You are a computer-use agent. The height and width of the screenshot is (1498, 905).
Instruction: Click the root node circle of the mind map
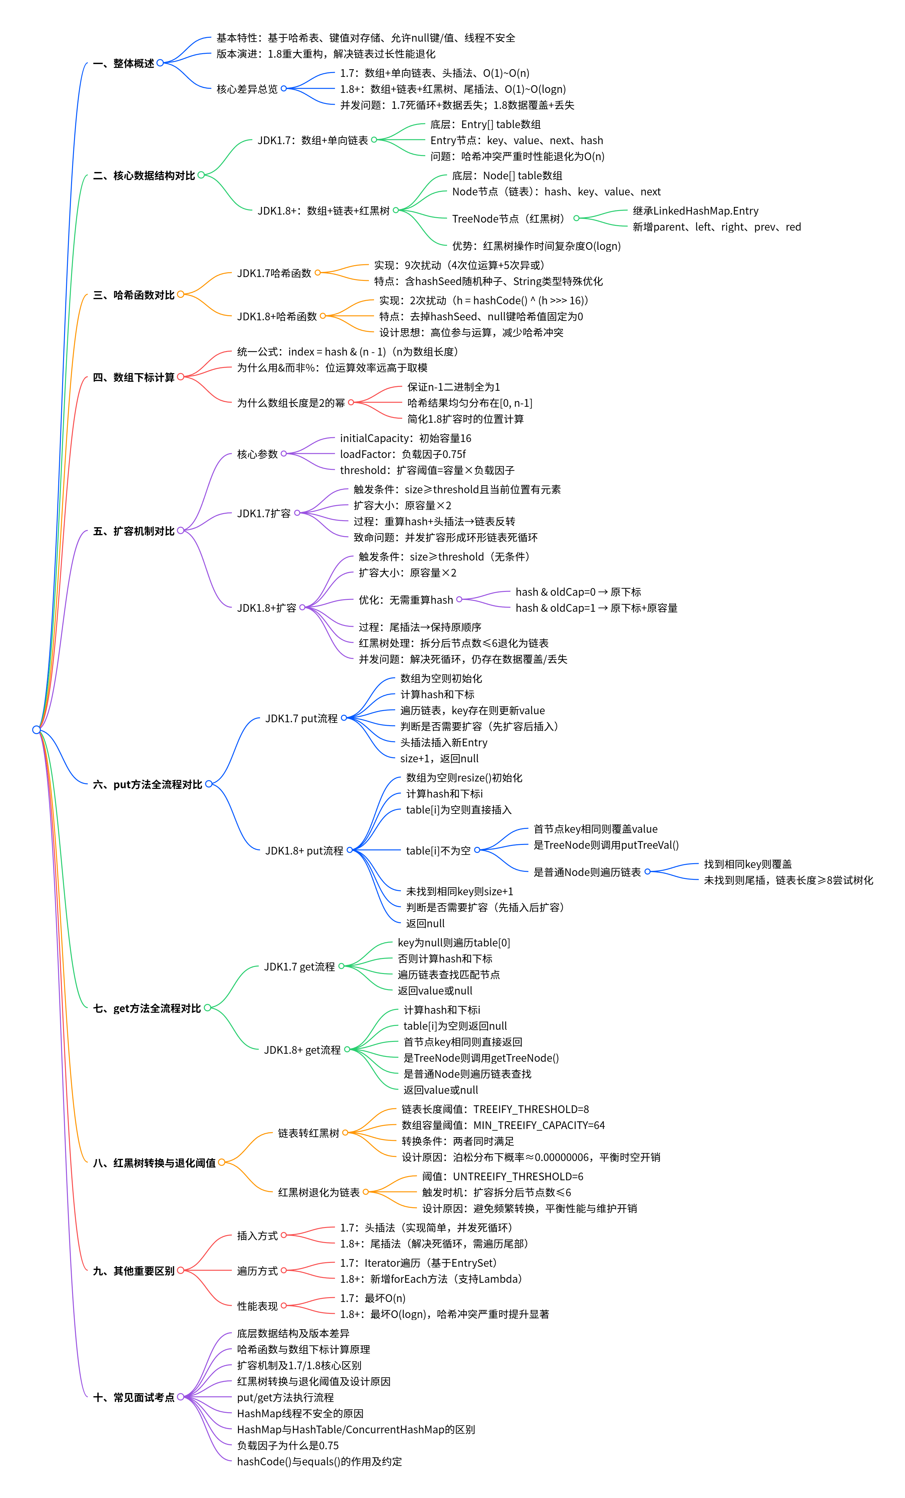[37, 730]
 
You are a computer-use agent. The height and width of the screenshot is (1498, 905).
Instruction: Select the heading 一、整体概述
[124, 63]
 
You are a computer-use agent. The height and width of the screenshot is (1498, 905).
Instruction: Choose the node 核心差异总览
[247, 89]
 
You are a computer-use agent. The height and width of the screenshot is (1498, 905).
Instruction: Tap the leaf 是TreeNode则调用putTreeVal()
[606, 845]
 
